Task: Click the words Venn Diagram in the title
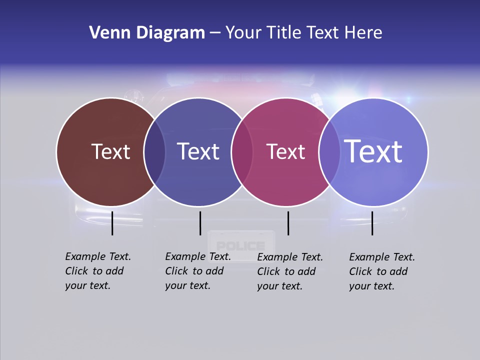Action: tap(147, 33)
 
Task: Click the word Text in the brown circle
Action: tap(110, 151)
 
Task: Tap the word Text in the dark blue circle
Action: tap(198, 151)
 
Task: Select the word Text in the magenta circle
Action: tap(285, 151)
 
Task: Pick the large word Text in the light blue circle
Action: tap(373, 151)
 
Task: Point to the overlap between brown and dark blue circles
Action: tap(154, 152)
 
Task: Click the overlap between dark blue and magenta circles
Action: tap(241, 152)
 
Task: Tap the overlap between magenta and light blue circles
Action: tap(329, 152)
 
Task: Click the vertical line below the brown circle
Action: tap(112, 223)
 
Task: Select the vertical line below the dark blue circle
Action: tap(200, 223)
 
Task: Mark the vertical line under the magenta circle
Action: tap(288, 223)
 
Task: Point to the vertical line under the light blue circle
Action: tap(372, 223)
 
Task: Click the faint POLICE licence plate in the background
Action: tap(241, 245)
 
